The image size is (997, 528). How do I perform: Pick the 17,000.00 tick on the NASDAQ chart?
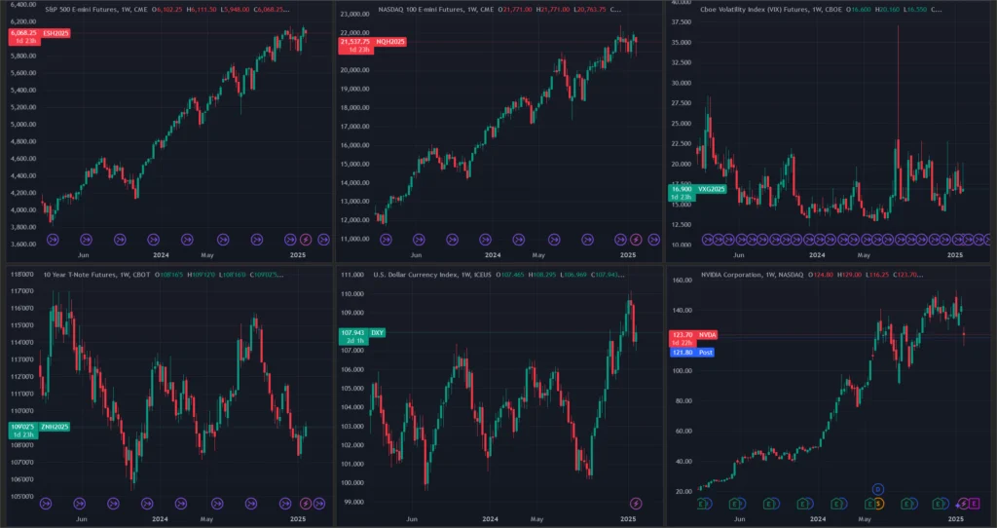pyautogui.click(x=356, y=126)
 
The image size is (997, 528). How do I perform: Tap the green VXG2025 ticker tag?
pyautogui.click(x=712, y=190)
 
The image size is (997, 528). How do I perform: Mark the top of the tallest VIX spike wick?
pyautogui.click(x=898, y=26)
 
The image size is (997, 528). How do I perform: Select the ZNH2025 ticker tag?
pyautogui.click(x=55, y=427)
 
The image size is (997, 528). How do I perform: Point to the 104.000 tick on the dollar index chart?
pyautogui.click(x=351, y=407)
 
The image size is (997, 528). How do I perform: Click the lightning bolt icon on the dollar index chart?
pyautogui.click(x=637, y=503)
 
